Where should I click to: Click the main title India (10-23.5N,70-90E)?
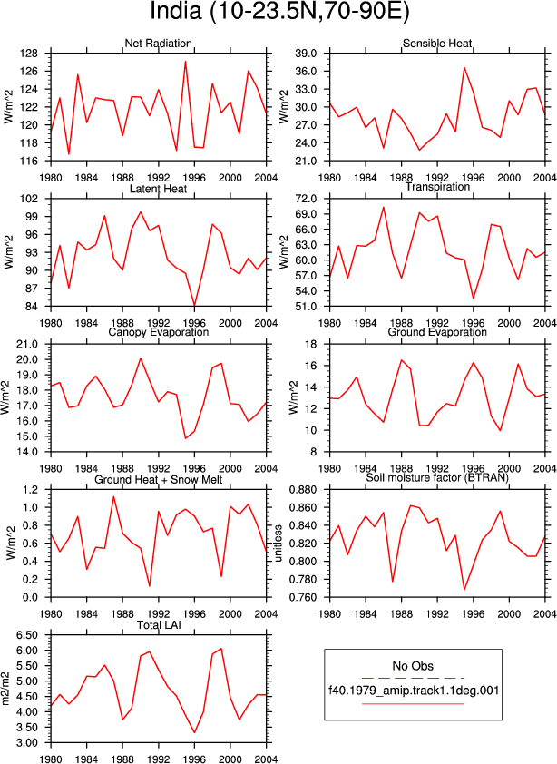(279, 12)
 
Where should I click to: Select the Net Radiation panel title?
(159, 44)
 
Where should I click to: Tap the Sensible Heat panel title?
(437, 44)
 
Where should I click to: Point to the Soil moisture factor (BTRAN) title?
(437, 477)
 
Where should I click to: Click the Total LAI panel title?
(159, 625)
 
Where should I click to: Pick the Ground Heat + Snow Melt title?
(159, 480)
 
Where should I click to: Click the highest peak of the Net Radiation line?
(186, 62)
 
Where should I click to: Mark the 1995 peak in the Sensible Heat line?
(464, 67)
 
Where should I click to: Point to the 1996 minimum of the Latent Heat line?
(194, 306)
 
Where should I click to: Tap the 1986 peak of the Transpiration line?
(384, 207)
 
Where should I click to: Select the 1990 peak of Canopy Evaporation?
(141, 358)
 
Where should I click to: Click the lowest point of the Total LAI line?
(194, 732)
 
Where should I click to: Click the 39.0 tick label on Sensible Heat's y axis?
(306, 54)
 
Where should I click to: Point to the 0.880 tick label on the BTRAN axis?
(304, 490)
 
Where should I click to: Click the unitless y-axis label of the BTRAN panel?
(278, 544)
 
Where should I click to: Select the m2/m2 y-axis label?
(6, 689)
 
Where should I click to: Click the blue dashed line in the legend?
(414, 678)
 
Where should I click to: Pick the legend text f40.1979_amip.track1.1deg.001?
(414, 691)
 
